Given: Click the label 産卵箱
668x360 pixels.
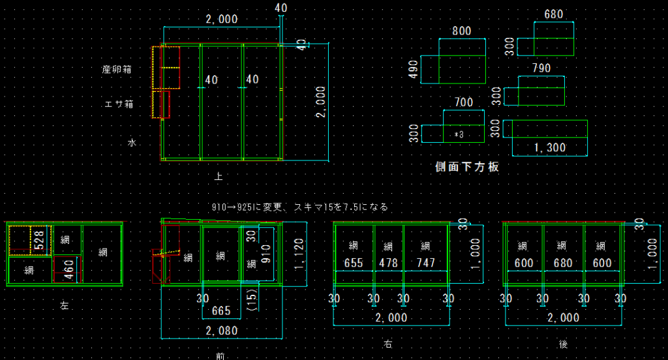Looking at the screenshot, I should pyautogui.click(x=117, y=69).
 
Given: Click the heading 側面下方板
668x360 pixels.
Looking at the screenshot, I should pyautogui.click(x=467, y=167).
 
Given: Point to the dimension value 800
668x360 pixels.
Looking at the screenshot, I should pyautogui.click(x=461, y=31).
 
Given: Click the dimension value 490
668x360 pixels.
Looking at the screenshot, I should pyautogui.click(x=412, y=69).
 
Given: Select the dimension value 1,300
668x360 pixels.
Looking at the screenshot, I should pyautogui.click(x=549, y=148).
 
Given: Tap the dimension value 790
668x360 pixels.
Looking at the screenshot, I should pyautogui.click(x=541, y=68).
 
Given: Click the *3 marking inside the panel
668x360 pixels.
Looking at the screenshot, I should pyautogui.click(x=459, y=135).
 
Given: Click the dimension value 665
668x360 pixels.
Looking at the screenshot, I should pyautogui.click(x=221, y=310).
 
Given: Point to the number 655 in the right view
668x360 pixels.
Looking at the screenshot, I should pyautogui.click(x=354, y=263).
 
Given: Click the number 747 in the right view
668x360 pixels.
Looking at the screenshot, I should pyautogui.click(x=425, y=263).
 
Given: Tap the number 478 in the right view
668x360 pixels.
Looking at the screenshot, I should pyautogui.click(x=389, y=263).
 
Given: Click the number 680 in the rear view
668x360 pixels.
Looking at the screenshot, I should pyautogui.click(x=563, y=263).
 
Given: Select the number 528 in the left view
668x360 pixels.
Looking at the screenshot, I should pyautogui.click(x=38, y=239).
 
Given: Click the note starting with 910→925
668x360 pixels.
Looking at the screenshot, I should pyautogui.click(x=300, y=207).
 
